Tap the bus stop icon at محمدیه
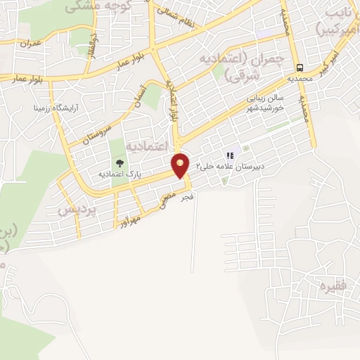[x=301, y=67]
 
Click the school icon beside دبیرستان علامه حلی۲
[x=229, y=155]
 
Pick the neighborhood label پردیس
[x=75, y=210]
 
